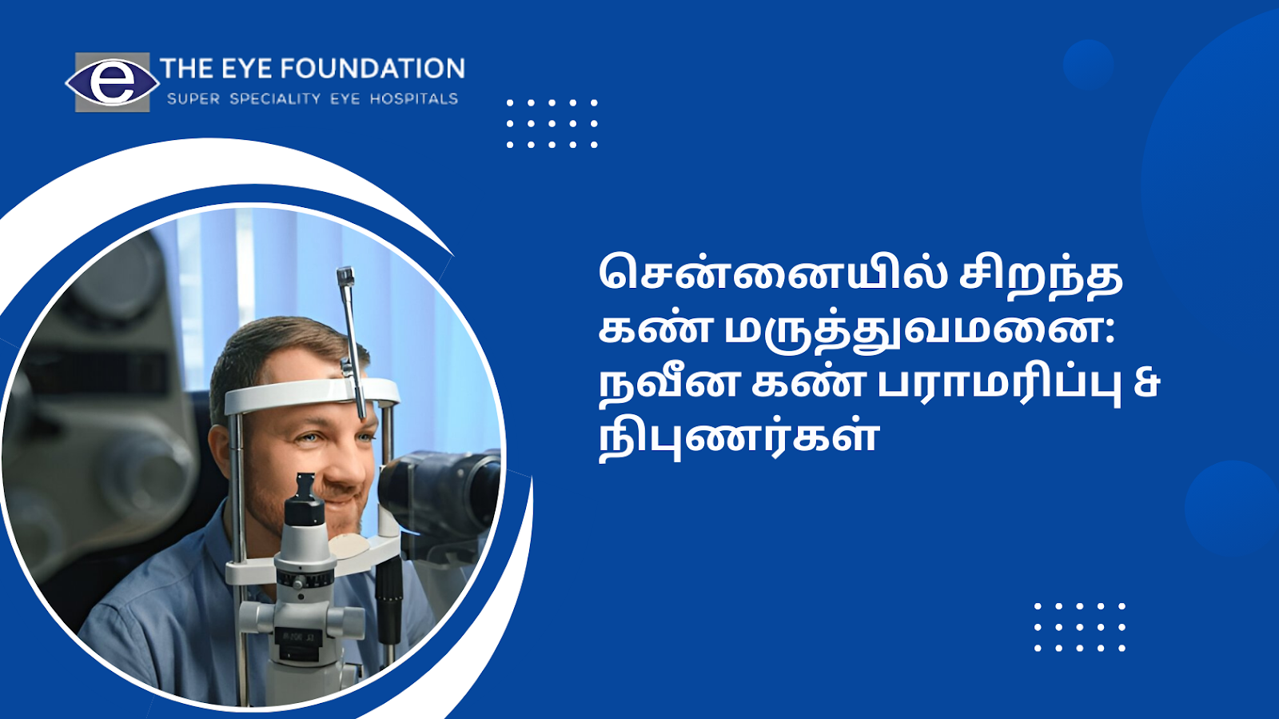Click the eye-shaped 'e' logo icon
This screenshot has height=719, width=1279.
coord(112,82)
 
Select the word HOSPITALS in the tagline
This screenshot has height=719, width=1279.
coord(414,99)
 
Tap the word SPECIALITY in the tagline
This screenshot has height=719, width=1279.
coord(275,99)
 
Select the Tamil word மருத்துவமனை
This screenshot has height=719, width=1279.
coord(913,333)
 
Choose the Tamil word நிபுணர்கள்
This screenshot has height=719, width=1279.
coord(737,437)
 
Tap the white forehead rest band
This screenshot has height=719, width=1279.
coord(312,394)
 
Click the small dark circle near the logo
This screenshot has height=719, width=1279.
coord(1088,65)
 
